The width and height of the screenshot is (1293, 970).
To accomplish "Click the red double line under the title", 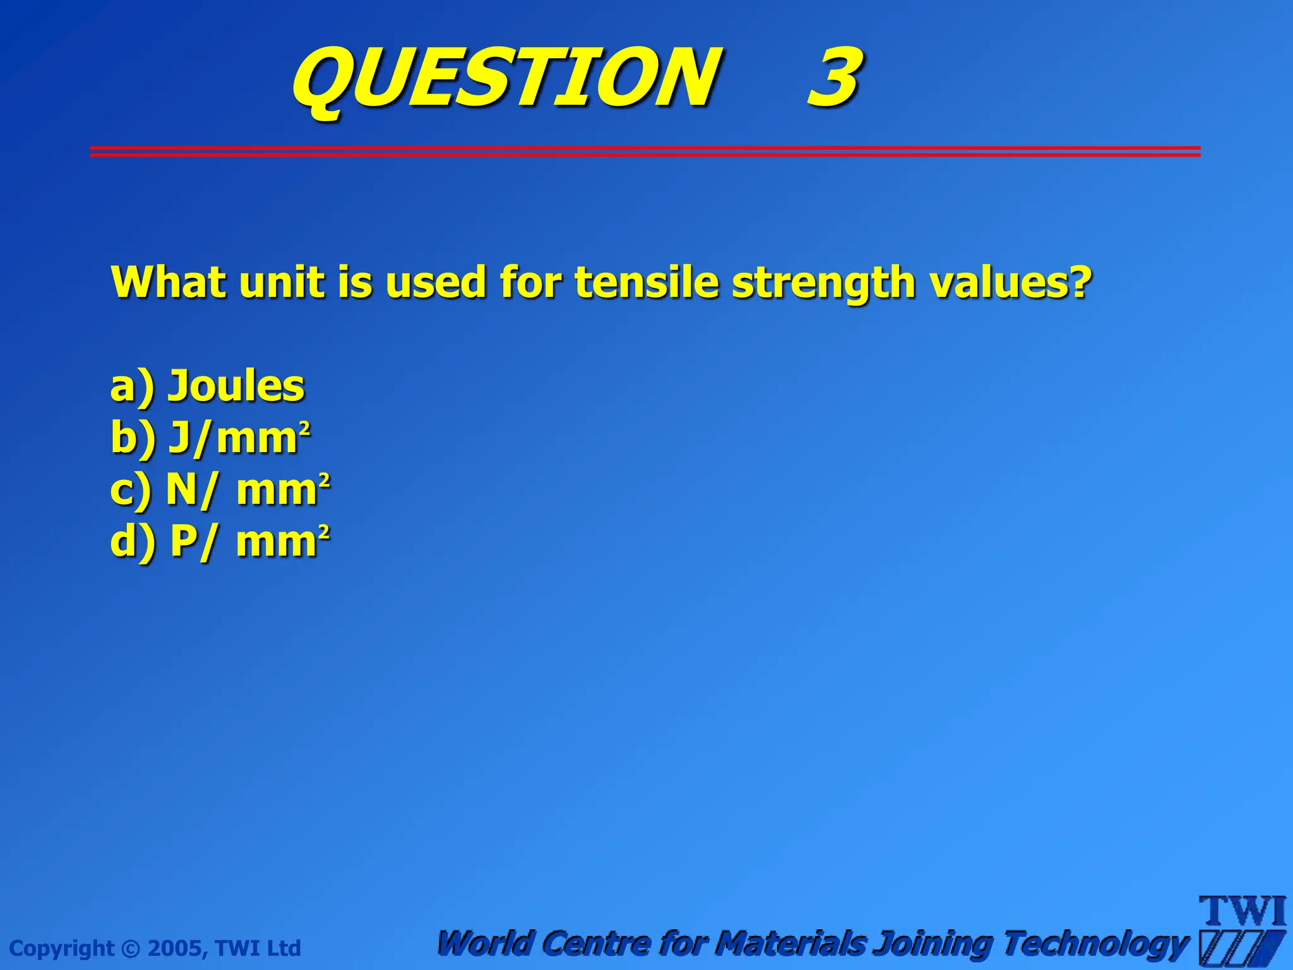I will click(x=645, y=151).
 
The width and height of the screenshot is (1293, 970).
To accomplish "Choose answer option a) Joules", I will click(x=207, y=386).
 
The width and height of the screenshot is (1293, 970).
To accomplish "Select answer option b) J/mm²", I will click(x=210, y=438).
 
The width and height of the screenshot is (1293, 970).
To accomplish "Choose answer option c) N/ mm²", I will click(x=220, y=489).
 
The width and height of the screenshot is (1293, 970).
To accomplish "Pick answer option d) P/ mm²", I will click(x=220, y=542).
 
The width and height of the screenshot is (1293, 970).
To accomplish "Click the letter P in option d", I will click(x=184, y=541).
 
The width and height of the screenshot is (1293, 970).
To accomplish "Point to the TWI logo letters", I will click(x=1242, y=912).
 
